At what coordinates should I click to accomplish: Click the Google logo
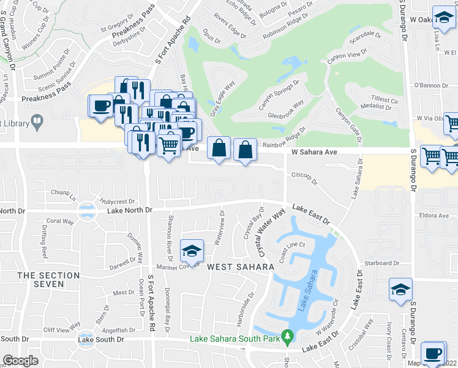pos(20,361)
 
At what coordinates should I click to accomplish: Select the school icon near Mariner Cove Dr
pos(192,251)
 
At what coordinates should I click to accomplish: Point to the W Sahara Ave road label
pos(315,151)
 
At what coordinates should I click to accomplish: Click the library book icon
pos(37,122)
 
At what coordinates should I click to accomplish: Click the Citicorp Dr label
pos(306,176)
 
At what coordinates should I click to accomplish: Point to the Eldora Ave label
pos(435,216)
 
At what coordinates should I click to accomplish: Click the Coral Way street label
pos(60,221)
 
